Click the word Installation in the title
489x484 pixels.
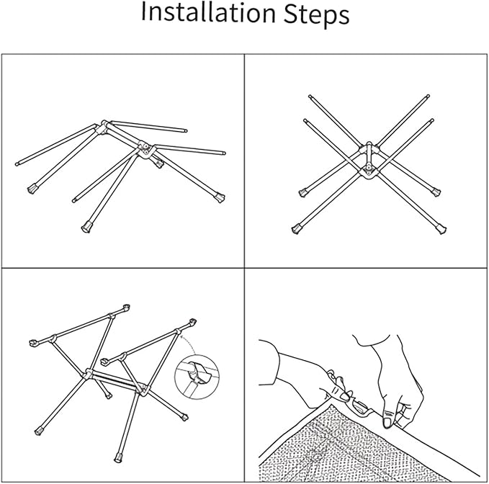[208, 13]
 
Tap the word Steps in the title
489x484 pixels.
[316, 14]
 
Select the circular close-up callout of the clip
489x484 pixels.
[197, 377]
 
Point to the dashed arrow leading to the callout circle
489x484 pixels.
[188, 342]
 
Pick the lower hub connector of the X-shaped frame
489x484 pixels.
[369, 169]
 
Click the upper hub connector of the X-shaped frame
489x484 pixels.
[369, 148]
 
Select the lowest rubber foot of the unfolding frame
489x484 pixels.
[86, 228]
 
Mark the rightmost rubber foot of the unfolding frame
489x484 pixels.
[220, 198]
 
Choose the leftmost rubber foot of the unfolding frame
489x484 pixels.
[32, 189]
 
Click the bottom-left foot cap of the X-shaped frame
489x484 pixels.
[296, 230]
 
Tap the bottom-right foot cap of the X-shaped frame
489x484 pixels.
[441, 230]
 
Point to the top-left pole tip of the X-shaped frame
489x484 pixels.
[310, 97]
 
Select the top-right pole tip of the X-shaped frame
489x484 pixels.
[429, 96]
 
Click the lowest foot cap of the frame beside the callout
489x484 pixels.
[118, 457]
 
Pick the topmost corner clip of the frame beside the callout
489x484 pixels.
[126, 308]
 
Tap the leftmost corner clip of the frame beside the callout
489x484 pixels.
[33, 343]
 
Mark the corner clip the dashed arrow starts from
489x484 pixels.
[192, 322]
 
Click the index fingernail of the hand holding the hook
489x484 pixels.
[344, 396]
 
